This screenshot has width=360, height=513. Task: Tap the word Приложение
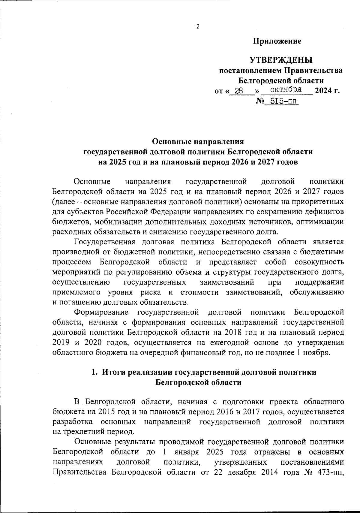(277, 41)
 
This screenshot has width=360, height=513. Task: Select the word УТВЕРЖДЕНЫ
(281, 61)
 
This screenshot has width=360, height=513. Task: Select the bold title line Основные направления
(198, 141)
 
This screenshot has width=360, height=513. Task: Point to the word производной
(74, 252)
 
